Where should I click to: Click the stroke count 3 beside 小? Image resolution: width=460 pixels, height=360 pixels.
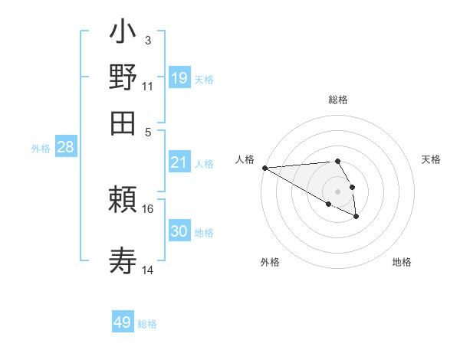point(147,41)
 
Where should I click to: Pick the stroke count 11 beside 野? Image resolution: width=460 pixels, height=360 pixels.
point(148,86)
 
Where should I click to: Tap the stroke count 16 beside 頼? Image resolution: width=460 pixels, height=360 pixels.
point(148,208)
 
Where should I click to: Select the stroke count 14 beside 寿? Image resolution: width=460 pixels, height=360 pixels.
point(148,270)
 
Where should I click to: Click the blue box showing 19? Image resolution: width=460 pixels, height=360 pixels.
point(179,77)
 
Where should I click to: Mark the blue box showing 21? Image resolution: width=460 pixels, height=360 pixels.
point(179,162)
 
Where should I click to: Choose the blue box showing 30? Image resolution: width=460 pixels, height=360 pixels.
point(179,231)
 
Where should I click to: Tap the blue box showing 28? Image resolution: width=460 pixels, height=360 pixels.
point(65,148)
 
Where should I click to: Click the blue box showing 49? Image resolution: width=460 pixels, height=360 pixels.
point(123,322)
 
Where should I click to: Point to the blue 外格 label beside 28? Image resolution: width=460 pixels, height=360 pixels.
point(41,149)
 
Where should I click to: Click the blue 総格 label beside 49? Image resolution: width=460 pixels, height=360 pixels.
point(147,324)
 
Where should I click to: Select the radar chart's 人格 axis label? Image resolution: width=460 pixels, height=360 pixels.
point(245,159)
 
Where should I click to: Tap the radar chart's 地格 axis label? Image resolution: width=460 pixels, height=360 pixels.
point(402,263)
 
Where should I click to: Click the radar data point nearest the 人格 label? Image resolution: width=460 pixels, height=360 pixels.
point(264,168)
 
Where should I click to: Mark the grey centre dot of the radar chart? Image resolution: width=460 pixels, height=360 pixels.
point(337,191)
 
